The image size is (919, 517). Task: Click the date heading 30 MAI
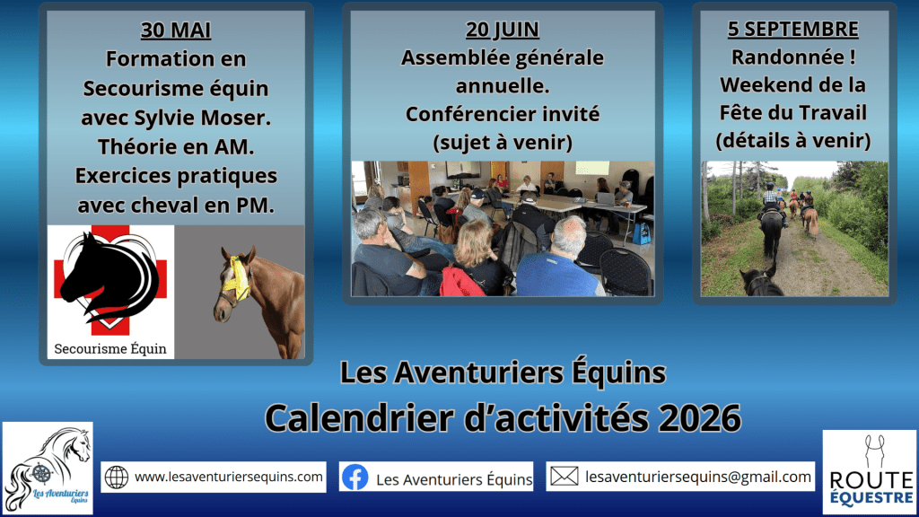[176, 30]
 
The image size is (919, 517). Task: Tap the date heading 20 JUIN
[503, 30]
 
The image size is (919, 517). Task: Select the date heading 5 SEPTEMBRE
[793, 29]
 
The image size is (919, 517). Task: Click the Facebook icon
[355, 478]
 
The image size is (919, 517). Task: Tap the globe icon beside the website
[117, 478]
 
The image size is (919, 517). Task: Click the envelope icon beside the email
[564, 476]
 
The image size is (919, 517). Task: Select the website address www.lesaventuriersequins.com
[229, 477]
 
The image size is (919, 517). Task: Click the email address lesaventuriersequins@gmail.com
[698, 478]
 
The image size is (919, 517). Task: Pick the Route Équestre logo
[870, 472]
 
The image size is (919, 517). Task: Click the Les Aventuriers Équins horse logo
[48, 469]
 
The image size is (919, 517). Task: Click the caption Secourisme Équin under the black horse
[110, 349]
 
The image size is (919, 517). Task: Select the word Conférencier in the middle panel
[461, 114]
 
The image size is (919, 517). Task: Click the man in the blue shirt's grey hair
[568, 232]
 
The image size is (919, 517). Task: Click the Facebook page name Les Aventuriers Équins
[454, 479]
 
